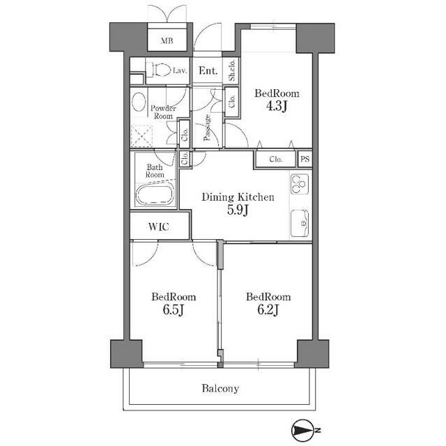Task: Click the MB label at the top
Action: pos(167,40)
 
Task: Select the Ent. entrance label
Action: pos(208,70)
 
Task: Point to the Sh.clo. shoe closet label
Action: pos(232,70)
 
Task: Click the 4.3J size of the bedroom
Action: pos(276,106)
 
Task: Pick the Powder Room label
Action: pos(163,112)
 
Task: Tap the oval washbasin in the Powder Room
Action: pos(139,102)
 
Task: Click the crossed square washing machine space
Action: pos(141,136)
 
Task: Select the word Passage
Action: pos(208,128)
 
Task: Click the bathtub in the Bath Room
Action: pos(155,194)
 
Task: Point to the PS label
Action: pos(305,159)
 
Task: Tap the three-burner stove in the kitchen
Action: pos(300,184)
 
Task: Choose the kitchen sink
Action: pos(300,223)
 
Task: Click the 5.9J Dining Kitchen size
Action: pos(238,210)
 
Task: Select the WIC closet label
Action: pos(159,226)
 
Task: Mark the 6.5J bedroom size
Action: pos(174,309)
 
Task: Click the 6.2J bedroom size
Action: pos(268,309)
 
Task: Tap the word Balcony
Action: pos(220,389)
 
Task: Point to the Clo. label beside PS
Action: pos(275,160)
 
